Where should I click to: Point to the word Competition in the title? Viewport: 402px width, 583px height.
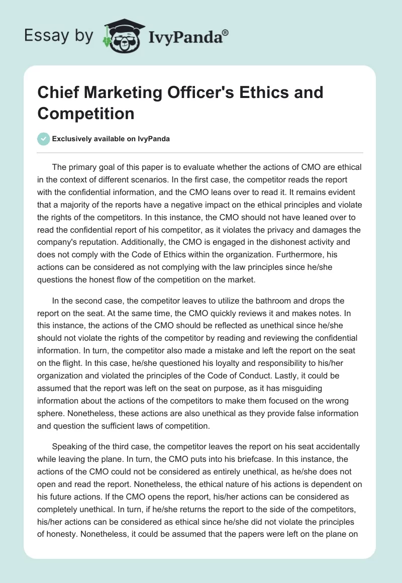click(86, 113)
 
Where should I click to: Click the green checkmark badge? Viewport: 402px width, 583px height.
click(44, 139)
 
